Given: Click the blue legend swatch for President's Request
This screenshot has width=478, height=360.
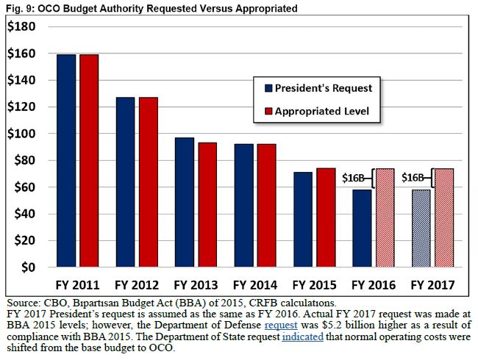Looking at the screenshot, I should click(268, 88).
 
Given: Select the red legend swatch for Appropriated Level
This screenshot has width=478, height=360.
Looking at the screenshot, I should click(268, 113).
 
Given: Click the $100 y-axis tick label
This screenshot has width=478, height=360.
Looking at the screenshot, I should click(22, 134).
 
